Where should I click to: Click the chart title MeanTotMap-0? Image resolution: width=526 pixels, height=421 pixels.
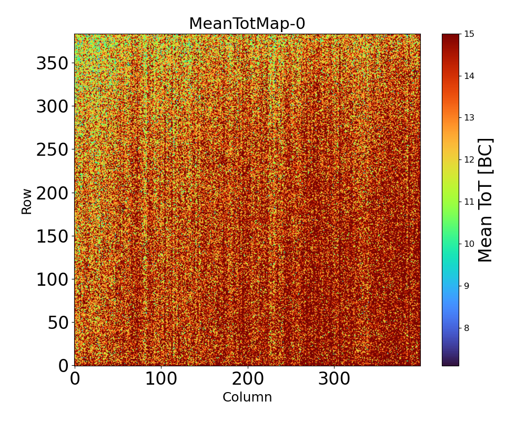[247, 24]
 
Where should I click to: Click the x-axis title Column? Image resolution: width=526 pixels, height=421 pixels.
[247, 397]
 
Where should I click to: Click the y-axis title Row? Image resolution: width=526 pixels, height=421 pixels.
[27, 202]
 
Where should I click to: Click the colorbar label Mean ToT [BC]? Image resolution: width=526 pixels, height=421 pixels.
[485, 200]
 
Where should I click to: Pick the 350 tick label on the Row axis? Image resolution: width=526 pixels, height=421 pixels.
[52, 64]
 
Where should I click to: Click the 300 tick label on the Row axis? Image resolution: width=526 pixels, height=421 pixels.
[52, 107]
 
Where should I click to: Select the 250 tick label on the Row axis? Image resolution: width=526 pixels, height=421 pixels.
[52, 150]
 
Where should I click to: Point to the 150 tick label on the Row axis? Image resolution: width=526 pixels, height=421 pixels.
[52, 236]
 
